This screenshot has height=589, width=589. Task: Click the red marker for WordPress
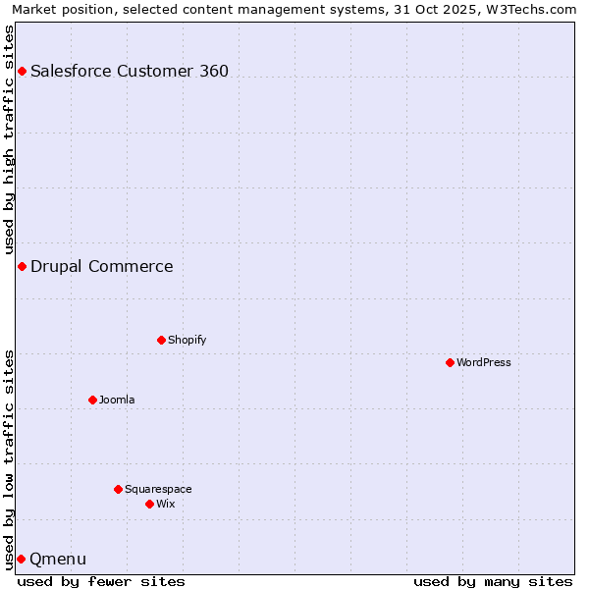tap(450, 362)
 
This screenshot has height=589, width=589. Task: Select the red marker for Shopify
tap(161, 340)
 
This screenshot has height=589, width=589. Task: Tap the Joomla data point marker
tap(92, 400)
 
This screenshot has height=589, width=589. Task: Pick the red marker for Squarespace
tap(118, 489)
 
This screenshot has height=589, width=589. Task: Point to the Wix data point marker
tap(149, 504)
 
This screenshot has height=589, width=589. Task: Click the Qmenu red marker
tap(21, 559)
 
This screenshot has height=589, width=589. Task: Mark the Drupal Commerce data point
tap(22, 266)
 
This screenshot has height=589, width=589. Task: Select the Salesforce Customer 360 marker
tap(22, 71)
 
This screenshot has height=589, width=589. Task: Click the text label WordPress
tap(484, 362)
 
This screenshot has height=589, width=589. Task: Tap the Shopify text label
tap(187, 340)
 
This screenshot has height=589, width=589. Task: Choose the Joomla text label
tap(117, 400)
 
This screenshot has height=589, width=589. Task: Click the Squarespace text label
tap(158, 489)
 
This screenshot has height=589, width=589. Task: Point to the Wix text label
tap(165, 504)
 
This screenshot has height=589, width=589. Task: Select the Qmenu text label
tap(58, 559)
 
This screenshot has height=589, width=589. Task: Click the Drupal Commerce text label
tap(101, 266)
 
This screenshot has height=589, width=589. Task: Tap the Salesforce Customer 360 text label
tap(130, 71)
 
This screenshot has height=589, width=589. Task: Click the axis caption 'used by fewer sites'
tap(101, 581)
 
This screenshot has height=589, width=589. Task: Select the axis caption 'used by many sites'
tap(493, 581)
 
